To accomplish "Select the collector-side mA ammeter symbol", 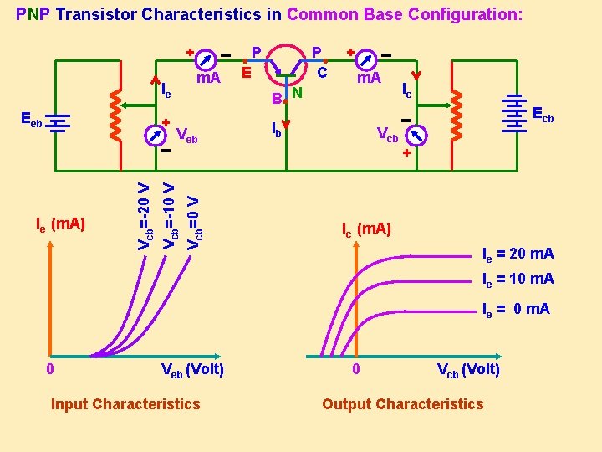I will click(x=365, y=59).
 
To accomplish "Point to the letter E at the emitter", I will click(x=246, y=74).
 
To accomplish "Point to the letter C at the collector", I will click(x=321, y=74).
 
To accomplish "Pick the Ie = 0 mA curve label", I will click(x=516, y=309).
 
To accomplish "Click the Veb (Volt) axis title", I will click(x=191, y=369).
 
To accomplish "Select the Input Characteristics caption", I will click(x=125, y=404).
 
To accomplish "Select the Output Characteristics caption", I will click(x=402, y=404).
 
